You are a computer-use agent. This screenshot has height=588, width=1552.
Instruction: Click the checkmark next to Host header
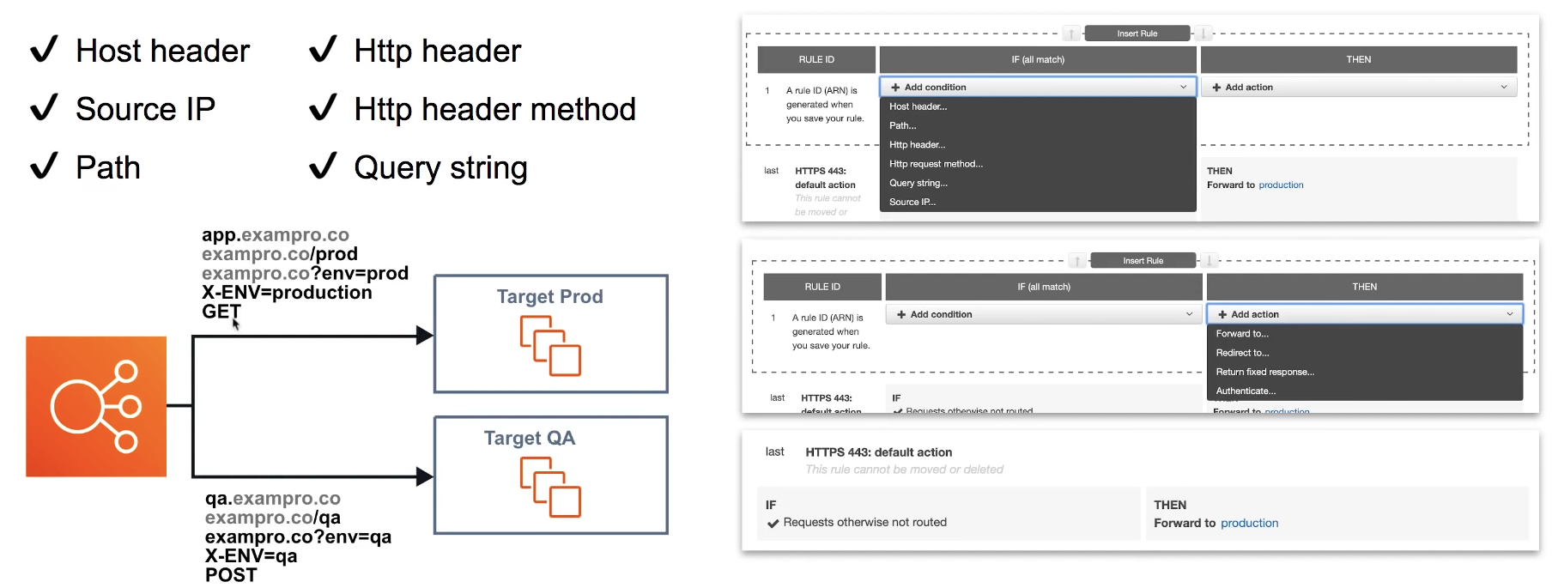[44, 49]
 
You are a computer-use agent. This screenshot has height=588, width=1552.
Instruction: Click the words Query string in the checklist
[440, 167]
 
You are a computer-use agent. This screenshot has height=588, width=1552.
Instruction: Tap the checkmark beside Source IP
[44, 107]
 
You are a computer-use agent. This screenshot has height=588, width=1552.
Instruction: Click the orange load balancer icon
[96, 406]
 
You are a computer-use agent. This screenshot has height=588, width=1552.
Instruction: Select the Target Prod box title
[549, 296]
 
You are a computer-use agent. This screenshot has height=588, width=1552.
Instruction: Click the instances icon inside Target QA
[550, 487]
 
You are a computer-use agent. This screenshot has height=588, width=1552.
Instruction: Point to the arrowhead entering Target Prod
[424, 336]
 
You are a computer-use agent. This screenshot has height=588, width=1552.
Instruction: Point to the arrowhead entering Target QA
[424, 476]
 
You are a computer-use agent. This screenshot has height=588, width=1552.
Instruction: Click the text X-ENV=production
[287, 293]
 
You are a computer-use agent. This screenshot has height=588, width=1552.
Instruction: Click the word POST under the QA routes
[231, 575]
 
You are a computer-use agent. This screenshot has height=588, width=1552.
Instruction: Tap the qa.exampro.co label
[272, 499]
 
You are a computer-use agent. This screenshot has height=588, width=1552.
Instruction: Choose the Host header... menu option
[918, 106]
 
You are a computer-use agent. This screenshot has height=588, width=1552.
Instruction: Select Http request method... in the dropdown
[936, 164]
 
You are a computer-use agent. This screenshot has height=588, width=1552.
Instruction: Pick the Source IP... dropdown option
[912, 202]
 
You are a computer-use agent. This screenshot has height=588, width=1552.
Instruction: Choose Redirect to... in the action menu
[1242, 353]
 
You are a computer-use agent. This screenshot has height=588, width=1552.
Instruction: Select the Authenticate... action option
[1246, 391]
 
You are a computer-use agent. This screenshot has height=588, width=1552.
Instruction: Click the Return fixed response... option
[1264, 372]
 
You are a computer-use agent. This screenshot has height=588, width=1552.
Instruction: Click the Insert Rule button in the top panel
[1137, 33]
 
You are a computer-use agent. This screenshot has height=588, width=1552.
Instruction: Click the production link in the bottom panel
[1249, 523]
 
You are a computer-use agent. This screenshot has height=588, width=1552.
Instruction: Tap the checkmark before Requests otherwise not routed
[773, 523]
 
